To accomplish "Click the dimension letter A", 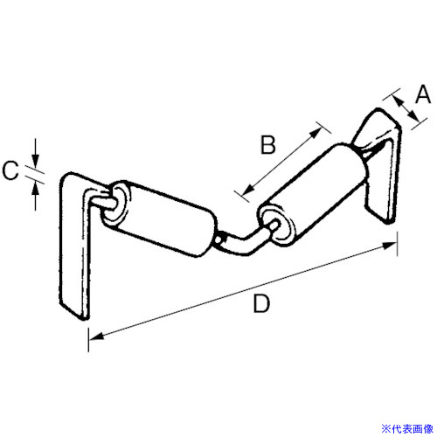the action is [x=423, y=94].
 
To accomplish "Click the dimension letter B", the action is [x=267, y=145].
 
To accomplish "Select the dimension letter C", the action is [x=10, y=170].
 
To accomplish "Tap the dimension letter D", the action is [x=261, y=303].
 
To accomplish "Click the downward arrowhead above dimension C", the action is [x=35, y=161].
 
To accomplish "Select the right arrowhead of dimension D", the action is [x=389, y=246].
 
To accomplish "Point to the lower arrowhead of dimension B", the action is [x=247, y=191].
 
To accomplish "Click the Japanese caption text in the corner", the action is [x=407, y=428].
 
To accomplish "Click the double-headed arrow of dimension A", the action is [x=406, y=109].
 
